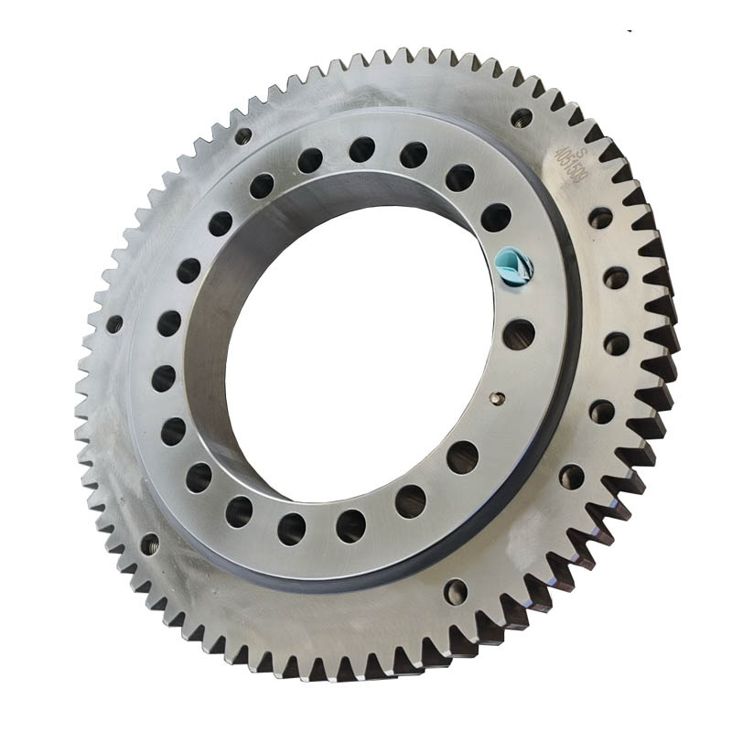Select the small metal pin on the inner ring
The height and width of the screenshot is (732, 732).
click(x=497, y=397)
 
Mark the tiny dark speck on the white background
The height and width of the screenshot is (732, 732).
click(x=630, y=29)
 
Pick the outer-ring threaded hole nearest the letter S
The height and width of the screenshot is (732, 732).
click(x=522, y=117)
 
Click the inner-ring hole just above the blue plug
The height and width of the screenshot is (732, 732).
click(x=496, y=218)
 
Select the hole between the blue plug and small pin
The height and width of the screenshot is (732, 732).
click(x=519, y=334)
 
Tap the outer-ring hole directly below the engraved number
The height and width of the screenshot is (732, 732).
click(x=600, y=218)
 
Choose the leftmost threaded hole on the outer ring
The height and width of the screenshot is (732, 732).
click(x=114, y=324)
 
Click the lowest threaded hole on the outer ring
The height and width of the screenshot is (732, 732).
click(x=455, y=591)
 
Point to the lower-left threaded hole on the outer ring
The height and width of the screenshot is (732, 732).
click(x=149, y=544)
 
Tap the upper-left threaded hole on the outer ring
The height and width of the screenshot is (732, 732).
click(x=243, y=136)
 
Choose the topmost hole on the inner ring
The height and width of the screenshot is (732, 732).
click(x=362, y=149)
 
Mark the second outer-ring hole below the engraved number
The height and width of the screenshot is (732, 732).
click(x=616, y=277)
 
